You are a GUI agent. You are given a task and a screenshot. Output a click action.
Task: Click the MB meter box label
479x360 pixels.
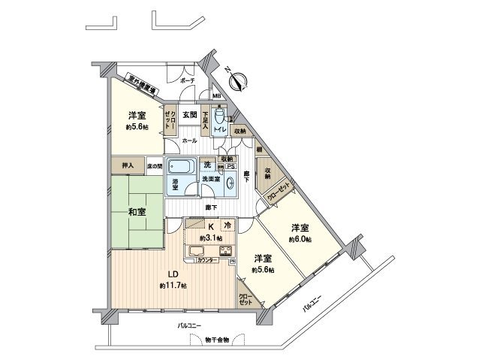215,96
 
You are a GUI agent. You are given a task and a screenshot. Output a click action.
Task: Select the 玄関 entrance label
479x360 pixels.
188,115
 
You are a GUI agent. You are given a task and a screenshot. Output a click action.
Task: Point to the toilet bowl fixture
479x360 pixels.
219,117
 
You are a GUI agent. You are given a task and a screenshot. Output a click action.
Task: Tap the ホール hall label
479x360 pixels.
189,141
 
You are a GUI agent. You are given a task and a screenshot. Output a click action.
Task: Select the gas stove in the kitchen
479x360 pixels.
225,251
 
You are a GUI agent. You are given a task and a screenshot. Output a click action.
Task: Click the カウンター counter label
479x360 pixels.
209,260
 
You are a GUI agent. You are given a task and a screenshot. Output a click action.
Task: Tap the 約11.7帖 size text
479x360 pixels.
173,286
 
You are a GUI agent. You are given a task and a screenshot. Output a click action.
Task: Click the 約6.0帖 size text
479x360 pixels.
302,238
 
